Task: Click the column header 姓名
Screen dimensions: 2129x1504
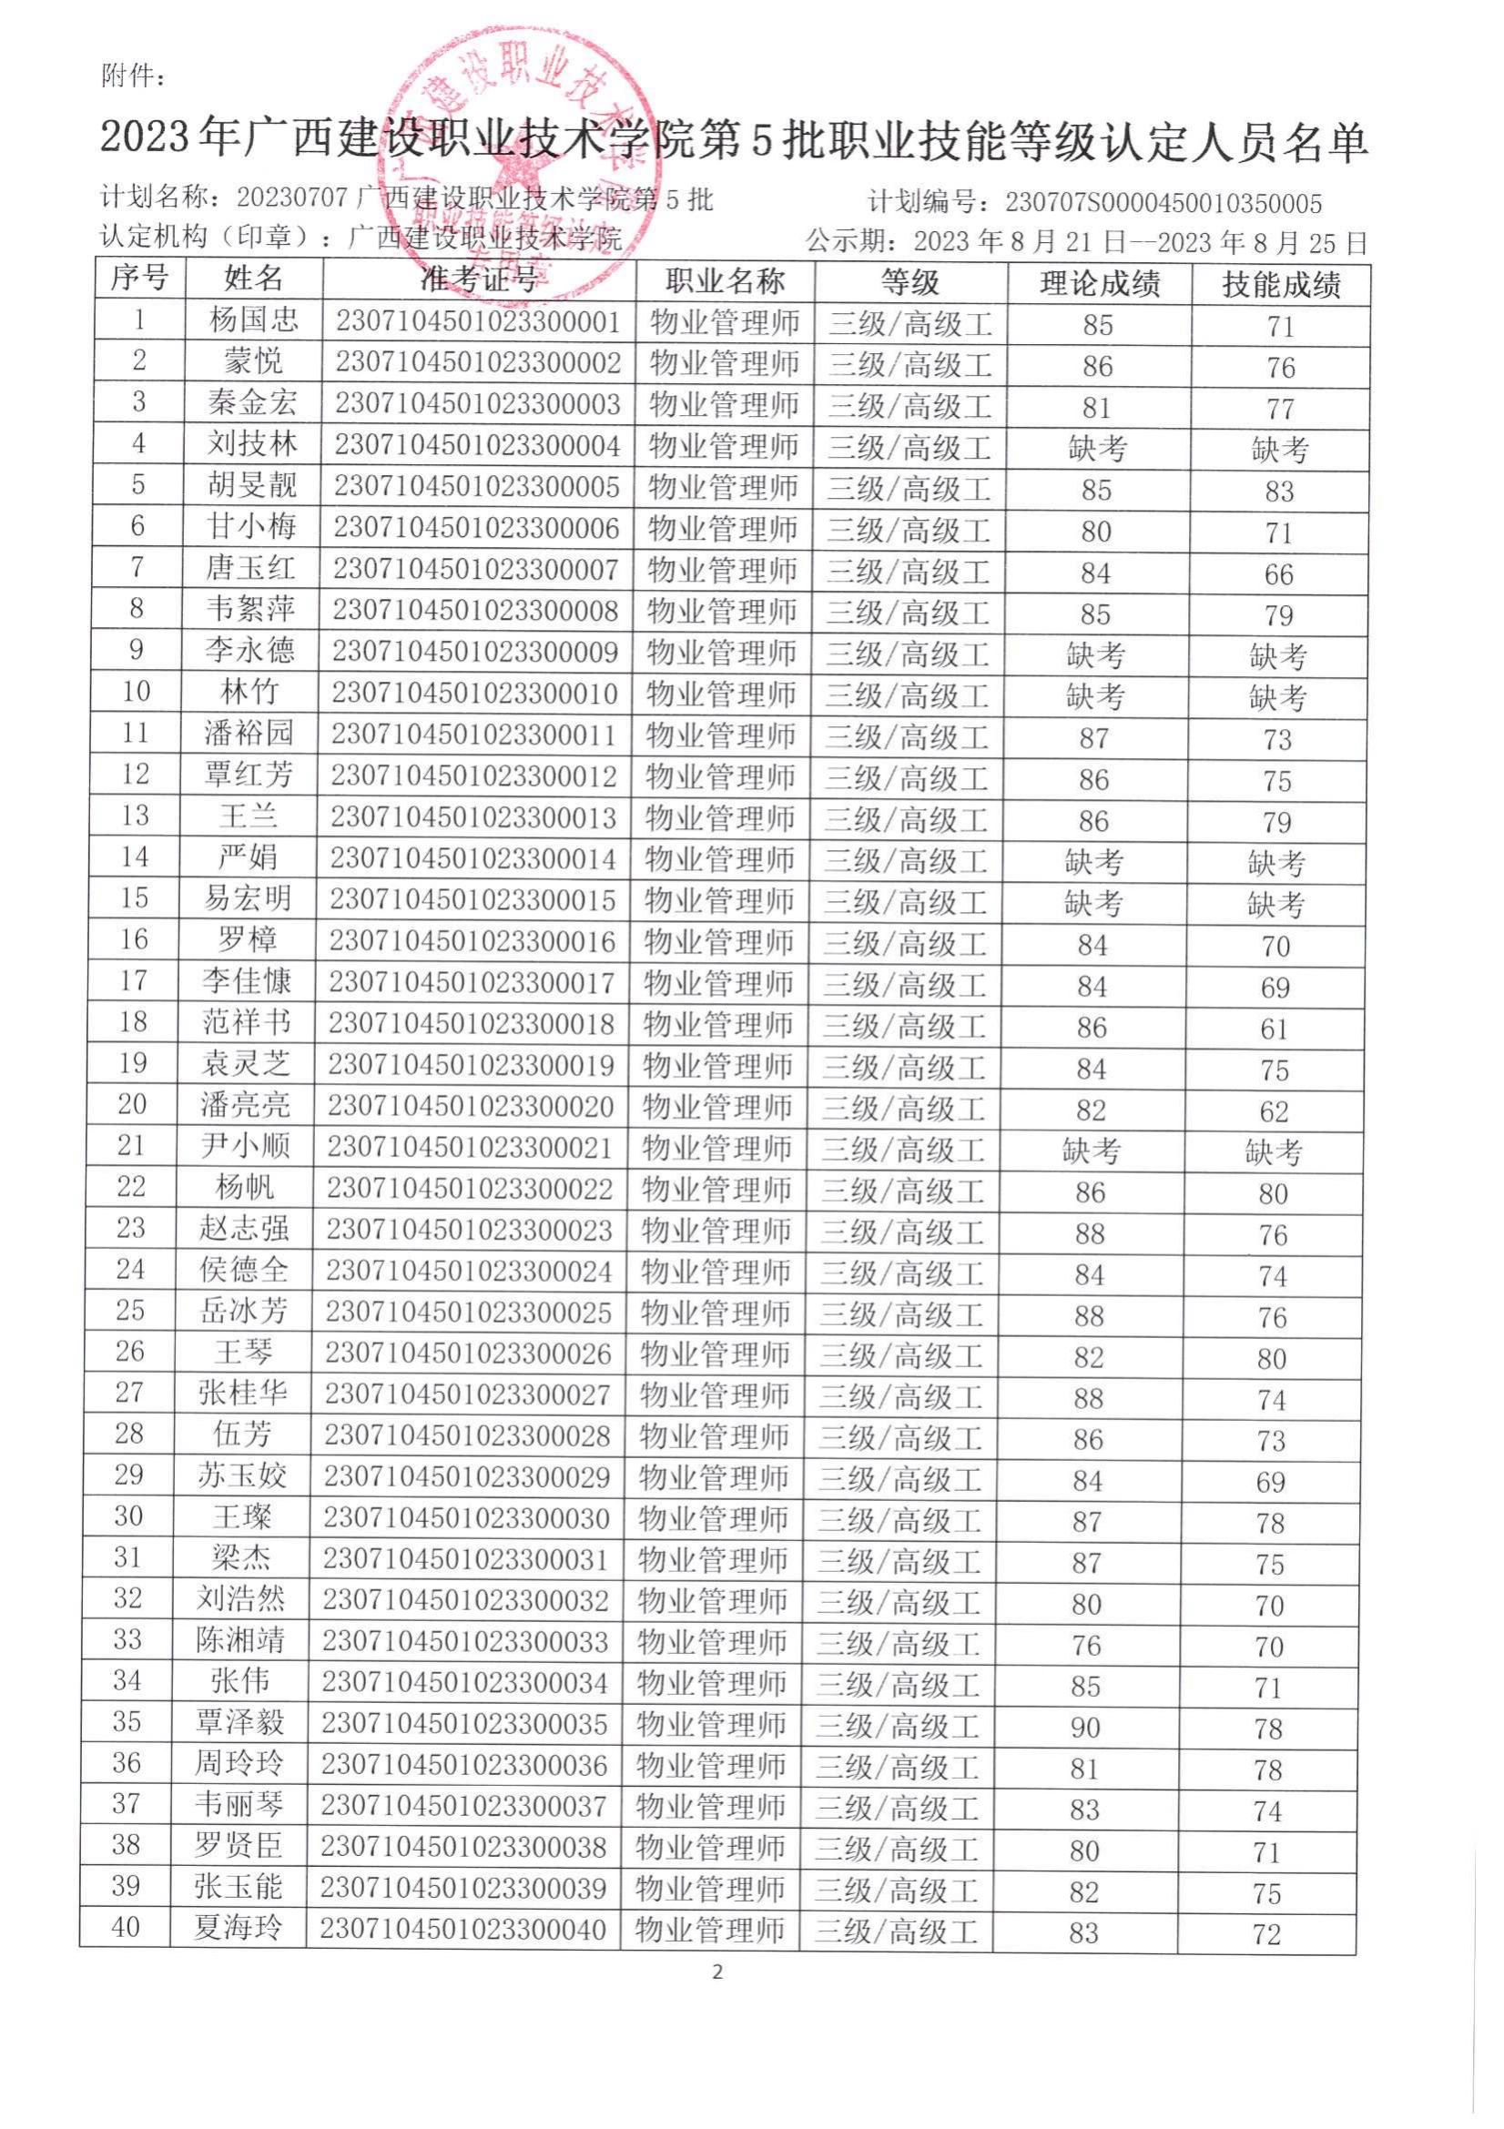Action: [253, 279]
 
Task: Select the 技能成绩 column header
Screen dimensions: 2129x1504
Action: [1281, 285]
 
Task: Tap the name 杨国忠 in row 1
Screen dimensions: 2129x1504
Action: [253, 319]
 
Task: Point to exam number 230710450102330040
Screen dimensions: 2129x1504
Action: [462, 1930]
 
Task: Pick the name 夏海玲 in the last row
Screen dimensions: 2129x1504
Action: [238, 1929]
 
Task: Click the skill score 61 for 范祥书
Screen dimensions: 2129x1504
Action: [1274, 1029]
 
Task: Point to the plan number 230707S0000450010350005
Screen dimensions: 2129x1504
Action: [1164, 203]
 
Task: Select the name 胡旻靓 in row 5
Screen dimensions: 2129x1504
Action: [251, 485]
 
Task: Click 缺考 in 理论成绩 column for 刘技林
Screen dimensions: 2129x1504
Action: [1097, 450]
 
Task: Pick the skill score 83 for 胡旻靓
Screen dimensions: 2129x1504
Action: [1279, 492]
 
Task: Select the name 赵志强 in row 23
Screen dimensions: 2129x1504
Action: [244, 1230]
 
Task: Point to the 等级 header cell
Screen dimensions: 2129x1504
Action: [910, 282]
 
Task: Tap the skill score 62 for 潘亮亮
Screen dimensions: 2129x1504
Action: [1274, 1110]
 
